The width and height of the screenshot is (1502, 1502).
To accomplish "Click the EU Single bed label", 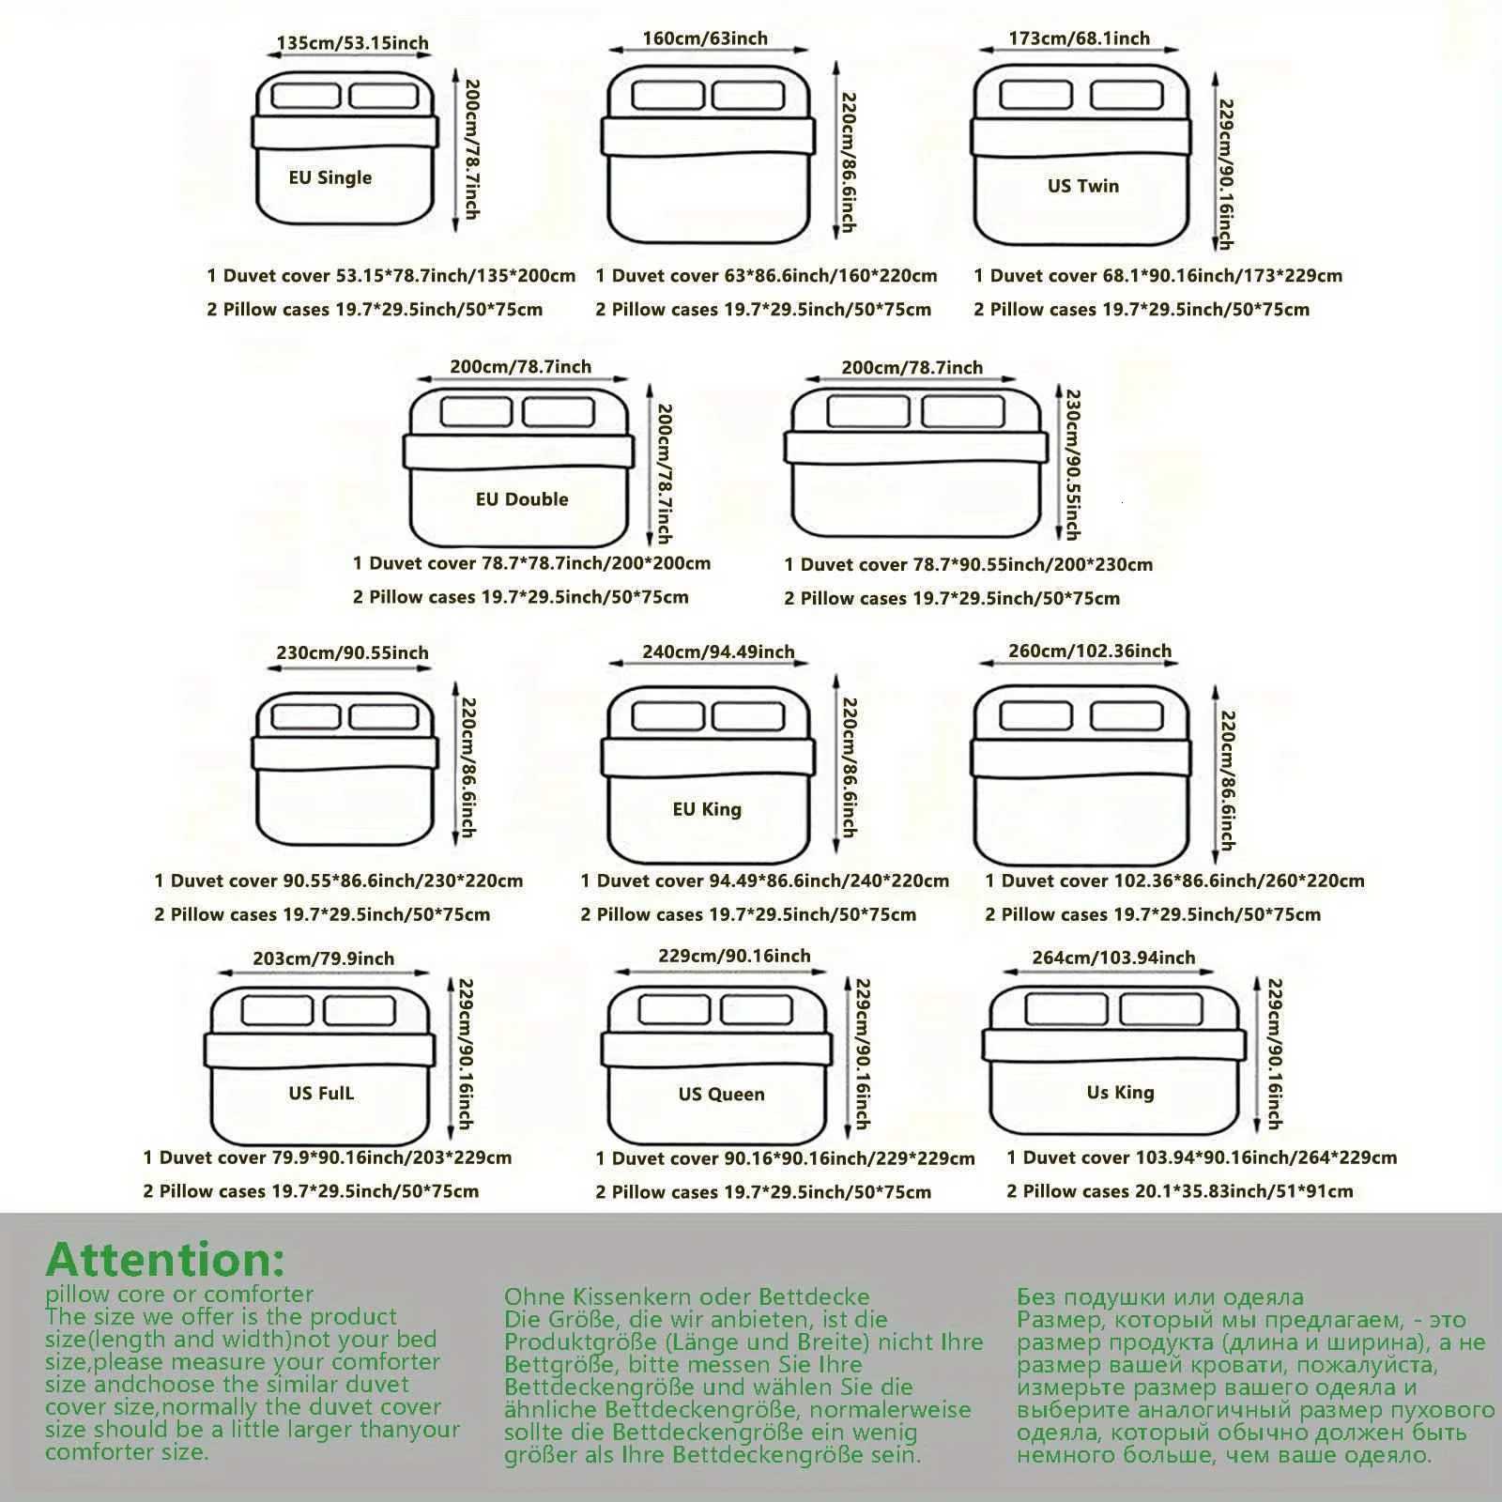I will pyautogui.click(x=330, y=177).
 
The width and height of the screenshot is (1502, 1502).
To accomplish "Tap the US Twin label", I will pyautogui.click(x=1083, y=186).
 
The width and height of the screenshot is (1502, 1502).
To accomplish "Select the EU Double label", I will pyautogui.click(x=522, y=499).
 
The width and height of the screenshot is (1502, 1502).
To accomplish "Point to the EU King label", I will pyautogui.click(x=707, y=809).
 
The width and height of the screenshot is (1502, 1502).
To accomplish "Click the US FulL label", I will pyautogui.click(x=321, y=1094).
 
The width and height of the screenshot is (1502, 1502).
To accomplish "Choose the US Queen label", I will pyautogui.click(x=721, y=1095).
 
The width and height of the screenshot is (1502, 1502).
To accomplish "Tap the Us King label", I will pyautogui.click(x=1120, y=1093).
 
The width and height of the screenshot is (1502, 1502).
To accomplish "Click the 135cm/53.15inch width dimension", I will pyautogui.click(x=352, y=43).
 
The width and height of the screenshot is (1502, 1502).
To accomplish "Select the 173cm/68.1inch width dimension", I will pyautogui.click(x=1079, y=38).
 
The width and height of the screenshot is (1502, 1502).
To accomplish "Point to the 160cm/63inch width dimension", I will pyautogui.click(x=705, y=38).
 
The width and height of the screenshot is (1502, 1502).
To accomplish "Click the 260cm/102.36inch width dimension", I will pyautogui.click(x=1090, y=651).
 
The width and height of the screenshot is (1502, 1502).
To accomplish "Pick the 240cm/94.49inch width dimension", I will pyautogui.click(x=718, y=652).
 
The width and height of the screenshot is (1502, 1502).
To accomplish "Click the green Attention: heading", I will pyautogui.click(x=164, y=1260).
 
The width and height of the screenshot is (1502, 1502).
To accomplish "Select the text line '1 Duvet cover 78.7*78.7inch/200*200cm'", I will pyautogui.click(x=531, y=563).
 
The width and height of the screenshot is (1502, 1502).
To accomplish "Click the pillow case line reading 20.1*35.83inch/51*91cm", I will pyautogui.click(x=1180, y=1191).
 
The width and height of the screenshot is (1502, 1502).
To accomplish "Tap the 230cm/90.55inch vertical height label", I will pyautogui.click(x=1071, y=465).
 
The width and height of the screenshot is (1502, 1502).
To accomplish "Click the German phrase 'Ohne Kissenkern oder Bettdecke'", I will pyautogui.click(x=687, y=1297).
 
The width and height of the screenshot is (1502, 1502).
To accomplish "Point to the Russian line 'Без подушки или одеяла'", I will pyautogui.click(x=1160, y=1297).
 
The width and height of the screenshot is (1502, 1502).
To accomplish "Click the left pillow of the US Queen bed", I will pyautogui.click(x=674, y=1009).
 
